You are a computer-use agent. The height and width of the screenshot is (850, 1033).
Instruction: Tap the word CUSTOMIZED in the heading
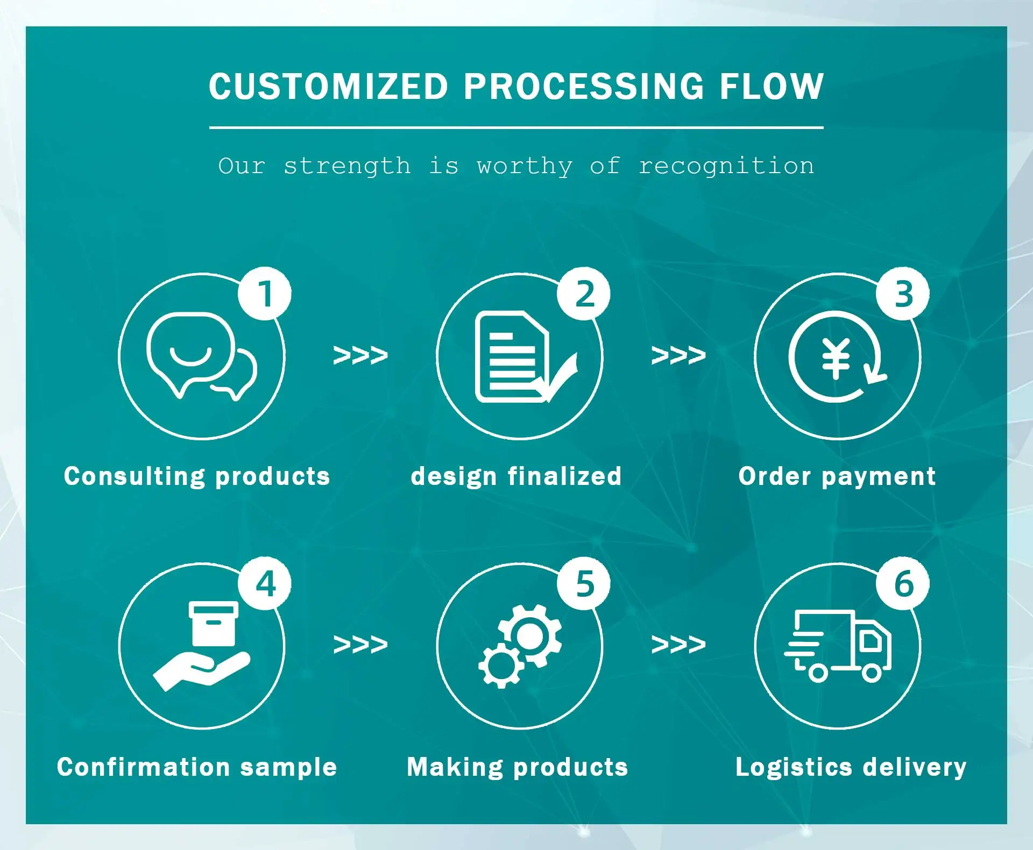point(328,87)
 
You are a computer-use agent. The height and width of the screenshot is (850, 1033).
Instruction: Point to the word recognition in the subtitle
point(726,166)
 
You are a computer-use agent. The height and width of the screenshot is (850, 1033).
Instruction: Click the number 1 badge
point(265,294)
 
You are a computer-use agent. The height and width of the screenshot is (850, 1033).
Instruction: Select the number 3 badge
point(903,294)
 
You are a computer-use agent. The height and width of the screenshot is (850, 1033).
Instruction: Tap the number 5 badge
point(584,583)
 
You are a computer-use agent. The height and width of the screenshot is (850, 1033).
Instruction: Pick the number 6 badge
point(903,583)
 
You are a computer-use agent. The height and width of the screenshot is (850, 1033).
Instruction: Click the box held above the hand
point(214,623)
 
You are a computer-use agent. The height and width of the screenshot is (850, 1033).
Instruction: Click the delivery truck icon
point(838,646)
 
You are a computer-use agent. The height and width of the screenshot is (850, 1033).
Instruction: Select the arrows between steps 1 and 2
point(360,355)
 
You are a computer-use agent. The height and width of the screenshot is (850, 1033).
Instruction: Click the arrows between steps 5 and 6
point(678,644)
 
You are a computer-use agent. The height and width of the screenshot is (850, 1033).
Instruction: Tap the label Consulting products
point(197,476)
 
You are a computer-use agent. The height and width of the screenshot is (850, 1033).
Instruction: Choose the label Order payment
point(837,476)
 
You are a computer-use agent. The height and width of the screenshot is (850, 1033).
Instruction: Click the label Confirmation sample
point(197,767)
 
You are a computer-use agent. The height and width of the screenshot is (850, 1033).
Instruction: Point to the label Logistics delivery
point(851,767)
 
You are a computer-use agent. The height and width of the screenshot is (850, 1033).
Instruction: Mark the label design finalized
point(516,476)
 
